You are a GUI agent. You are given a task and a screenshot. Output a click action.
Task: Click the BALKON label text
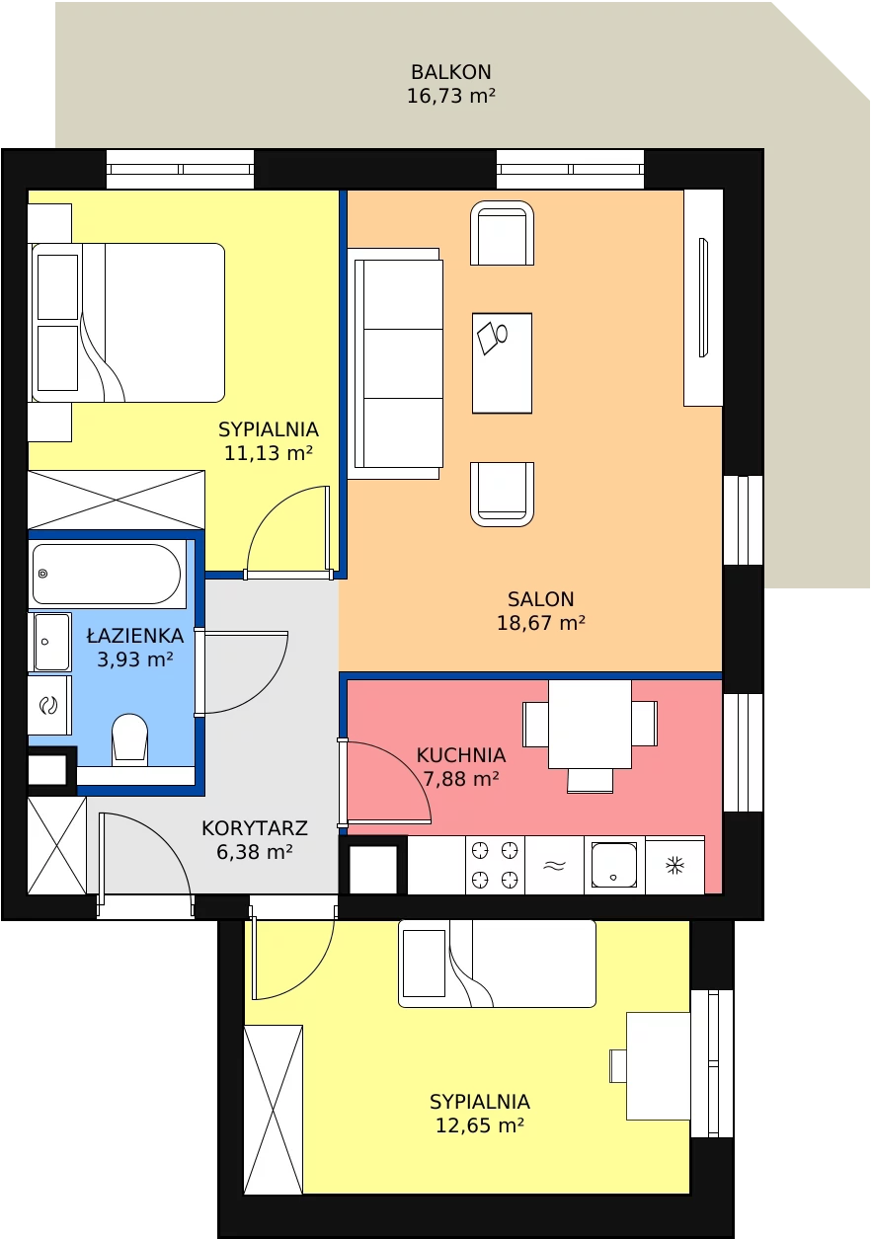pos(451,72)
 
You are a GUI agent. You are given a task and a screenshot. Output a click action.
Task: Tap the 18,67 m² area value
pos(540,623)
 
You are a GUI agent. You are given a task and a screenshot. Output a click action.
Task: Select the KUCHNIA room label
pos(461,755)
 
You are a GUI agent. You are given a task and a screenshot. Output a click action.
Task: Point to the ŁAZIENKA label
pos(135,635)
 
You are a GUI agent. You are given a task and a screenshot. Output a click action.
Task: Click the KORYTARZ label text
pos(255,828)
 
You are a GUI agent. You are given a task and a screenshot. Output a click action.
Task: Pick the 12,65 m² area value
pos(480,1125)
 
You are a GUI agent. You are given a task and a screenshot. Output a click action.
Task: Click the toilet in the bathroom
pos(129,739)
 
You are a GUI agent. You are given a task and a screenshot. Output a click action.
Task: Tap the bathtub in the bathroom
pos(107,574)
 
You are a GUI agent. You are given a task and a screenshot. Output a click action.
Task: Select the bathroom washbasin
pos(51,642)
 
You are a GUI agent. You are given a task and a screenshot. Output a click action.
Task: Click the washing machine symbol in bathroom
pos(49,705)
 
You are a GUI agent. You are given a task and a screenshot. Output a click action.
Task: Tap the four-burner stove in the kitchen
pos(495,865)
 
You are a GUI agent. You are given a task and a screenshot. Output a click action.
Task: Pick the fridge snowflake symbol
pos(675,865)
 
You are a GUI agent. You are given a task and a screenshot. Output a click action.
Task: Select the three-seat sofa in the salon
pos(395,363)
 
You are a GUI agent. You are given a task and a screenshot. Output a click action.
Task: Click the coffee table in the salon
pos(502,363)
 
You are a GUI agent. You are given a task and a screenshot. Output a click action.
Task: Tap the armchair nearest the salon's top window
pos(502,233)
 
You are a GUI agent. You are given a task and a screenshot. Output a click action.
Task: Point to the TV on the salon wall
pos(703,297)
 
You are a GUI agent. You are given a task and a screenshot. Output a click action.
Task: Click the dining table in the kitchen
pos(590,724)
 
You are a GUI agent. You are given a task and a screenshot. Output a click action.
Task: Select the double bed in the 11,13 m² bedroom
pos(128,323)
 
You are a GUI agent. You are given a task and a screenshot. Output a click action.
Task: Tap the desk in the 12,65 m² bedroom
pos(658,1066)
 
